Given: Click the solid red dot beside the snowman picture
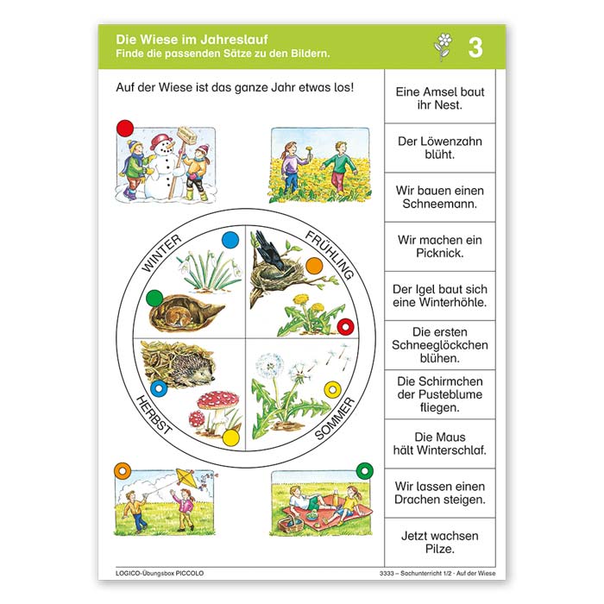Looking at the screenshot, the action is pyautogui.click(x=125, y=129).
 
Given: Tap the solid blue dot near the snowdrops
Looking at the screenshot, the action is pyautogui.click(x=230, y=241).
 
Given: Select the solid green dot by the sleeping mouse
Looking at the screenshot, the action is pyautogui.click(x=154, y=299).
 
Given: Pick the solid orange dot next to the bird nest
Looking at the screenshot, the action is pyautogui.click(x=314, y=266).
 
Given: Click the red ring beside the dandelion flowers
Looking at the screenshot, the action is pyautogui.click(x=345, y=327).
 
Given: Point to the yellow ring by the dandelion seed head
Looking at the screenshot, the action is pyautogui.click(x=332, y=390).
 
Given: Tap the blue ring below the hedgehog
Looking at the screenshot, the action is pyautogui.click(x=158, y=388).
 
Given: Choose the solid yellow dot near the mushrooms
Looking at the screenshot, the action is pyautogui.click(x=231, y=438).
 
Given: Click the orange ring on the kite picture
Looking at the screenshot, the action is pyautogui.click(x=123, y=471).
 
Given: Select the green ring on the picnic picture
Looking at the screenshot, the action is pyautogui.click(x=365, y=470).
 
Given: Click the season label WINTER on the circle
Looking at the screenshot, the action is pyautogui.click(x=161, y=253).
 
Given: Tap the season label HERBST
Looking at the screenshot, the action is pyautogui.click(x=154, y=415).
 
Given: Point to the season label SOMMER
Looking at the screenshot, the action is pyautogui.click(x=335, y=418).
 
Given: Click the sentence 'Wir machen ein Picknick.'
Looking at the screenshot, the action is pyautogui.click(x=440, y=247).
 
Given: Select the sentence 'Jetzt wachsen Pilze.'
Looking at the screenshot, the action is pyautogui.click(x=440, y=543).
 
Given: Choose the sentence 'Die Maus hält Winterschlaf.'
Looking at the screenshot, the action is pyautogui.click(x=440, y=444).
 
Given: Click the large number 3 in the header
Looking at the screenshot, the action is pyautogui.click(x=475, y=47).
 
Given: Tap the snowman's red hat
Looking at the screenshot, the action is pyautogui.click(x=162, y=141).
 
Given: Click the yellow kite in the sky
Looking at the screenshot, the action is pyautogui.click(x=186, y=479).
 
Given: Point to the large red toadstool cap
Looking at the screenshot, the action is pyautogui.click(x=217, y=400).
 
